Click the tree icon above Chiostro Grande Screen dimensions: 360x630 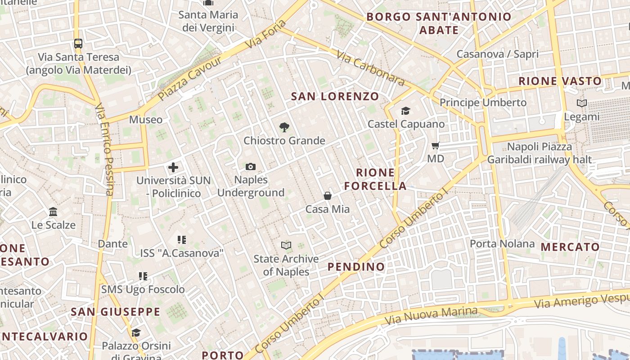coord(284,127)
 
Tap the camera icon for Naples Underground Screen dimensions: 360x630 coord(251,167)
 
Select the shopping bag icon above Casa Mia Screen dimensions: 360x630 coord(328,196)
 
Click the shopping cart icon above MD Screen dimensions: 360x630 coord(435,145)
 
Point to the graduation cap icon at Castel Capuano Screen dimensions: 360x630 coord(406,111)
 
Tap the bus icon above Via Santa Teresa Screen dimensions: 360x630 coord(78,44)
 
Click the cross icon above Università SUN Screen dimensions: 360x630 coord(173,167)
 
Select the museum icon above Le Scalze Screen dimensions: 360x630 coord(53,211)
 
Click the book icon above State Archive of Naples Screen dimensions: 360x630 coord(286,245)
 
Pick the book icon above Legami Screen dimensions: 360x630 coord(582,103)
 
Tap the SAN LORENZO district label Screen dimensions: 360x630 coord(335,96)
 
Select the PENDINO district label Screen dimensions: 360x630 coord(356,267)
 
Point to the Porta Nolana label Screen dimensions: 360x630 coord(502,244)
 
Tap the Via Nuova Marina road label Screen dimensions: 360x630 coord(431,316)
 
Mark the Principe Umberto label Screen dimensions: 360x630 coord(483,103)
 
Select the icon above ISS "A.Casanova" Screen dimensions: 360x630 coord(182,240)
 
